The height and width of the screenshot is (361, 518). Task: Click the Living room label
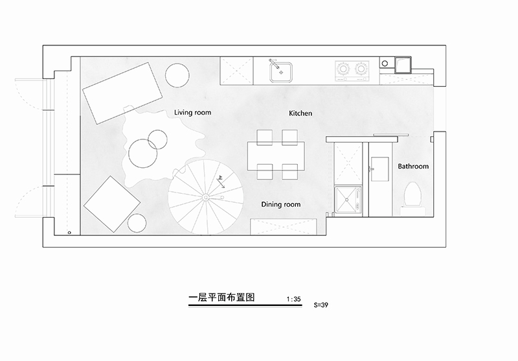192,112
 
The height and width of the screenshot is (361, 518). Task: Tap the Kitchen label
300,113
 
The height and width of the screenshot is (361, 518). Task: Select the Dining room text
281,204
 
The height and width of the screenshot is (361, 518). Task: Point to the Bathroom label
413,167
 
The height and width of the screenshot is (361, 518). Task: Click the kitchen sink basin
281,73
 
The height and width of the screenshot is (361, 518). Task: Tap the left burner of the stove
343,69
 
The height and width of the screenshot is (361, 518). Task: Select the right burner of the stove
361,69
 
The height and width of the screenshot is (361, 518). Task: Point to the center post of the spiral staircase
205,198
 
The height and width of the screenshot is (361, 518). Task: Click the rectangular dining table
276,156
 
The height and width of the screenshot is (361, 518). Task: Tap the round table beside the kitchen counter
177,75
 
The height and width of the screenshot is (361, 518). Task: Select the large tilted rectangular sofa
122,93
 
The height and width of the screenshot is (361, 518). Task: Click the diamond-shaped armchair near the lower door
112,204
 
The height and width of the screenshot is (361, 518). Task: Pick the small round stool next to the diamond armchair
137,223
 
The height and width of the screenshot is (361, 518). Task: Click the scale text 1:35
293,299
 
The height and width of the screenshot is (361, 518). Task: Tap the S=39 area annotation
321,305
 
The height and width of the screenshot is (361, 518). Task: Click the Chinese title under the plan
221,297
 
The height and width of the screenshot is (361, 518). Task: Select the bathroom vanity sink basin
380,169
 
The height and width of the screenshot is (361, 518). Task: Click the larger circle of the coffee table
143,154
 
